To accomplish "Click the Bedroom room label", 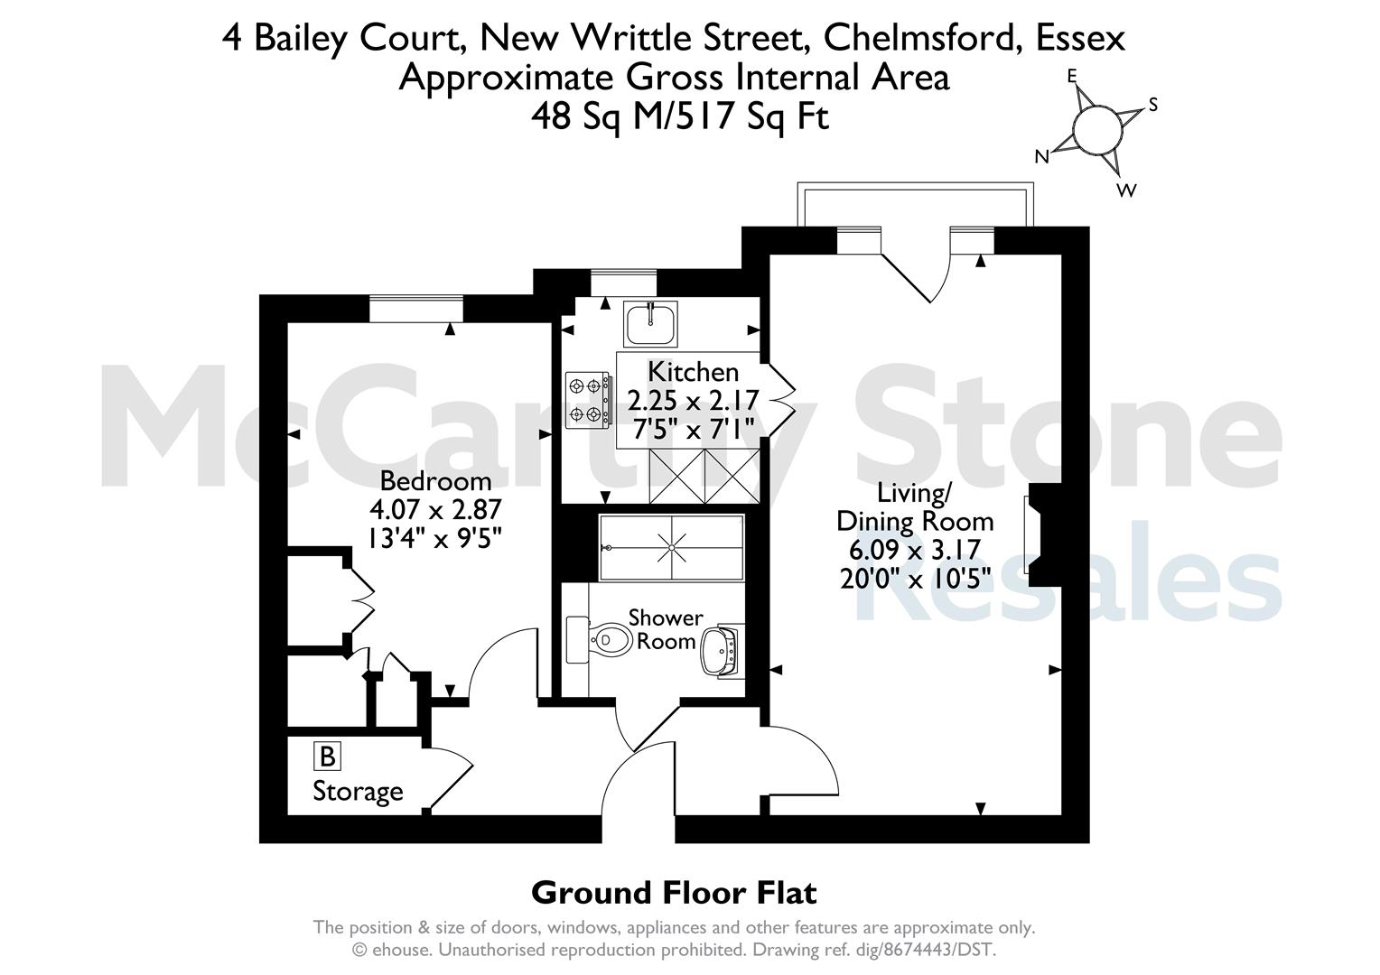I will pos(435,480).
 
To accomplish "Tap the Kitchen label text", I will pos(693,371).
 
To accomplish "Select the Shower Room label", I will pos(666,629).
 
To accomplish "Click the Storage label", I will pos(358,792).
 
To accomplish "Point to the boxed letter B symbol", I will pos(326,756).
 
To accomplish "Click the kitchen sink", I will pos(650,323).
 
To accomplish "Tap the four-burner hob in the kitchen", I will pos(583,400).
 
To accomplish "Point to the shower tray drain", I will pos(671,546).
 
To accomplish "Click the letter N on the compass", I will pos(1041,157).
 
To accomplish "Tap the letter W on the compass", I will pos(1126,190).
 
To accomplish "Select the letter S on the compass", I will pos(1152,106).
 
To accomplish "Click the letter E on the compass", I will pos(1073,77).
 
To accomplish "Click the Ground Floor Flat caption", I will pos(674,893).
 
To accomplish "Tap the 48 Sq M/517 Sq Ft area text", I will pos(679,116).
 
